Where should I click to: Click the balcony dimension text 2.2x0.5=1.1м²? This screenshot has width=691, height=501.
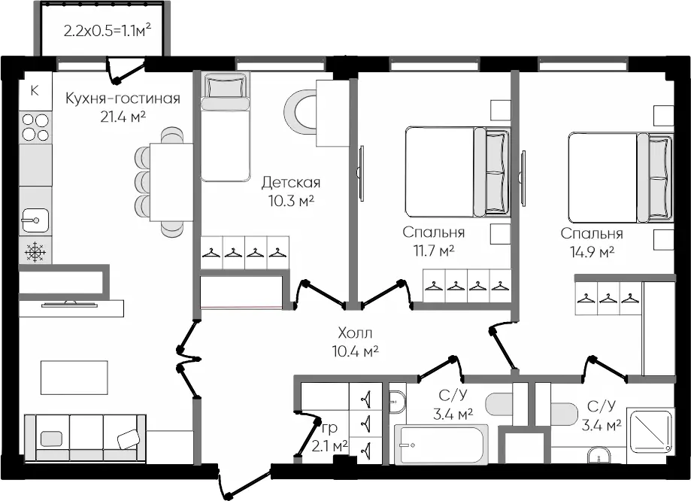click(x=108, y=31)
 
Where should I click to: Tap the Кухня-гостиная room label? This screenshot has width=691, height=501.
click(x=123, y=99)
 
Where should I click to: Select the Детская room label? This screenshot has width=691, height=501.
click(x=291, y=182)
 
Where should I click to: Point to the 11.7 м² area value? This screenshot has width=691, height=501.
click(x=434, y=251)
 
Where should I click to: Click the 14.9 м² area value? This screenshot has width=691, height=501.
click(x=593, y=252)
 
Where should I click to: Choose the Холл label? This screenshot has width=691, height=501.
click(x=355, y=332)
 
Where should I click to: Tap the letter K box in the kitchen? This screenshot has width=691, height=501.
click(x=35, y=91)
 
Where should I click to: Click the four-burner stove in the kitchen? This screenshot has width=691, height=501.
click(x=35, y=126)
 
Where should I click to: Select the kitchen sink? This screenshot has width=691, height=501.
click(x=35, y=220)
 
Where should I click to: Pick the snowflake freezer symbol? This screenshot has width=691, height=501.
click(x=35, y=252)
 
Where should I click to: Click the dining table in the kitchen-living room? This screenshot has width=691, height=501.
click(x=171, y=182)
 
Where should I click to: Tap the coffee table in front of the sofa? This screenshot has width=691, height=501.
click(x=74, y=378)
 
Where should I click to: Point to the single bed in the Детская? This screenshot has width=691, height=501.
click(x=225, y=127)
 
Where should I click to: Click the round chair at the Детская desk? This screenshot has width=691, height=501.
click(x=300, y=111)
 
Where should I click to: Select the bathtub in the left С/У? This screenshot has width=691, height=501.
click(x=441, y=445)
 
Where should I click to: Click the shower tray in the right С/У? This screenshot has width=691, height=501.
click(x=650, y=431)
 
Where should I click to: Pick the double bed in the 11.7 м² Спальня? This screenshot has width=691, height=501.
click(x=458, y=172)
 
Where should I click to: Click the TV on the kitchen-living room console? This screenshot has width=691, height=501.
click(x=70, y=304)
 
